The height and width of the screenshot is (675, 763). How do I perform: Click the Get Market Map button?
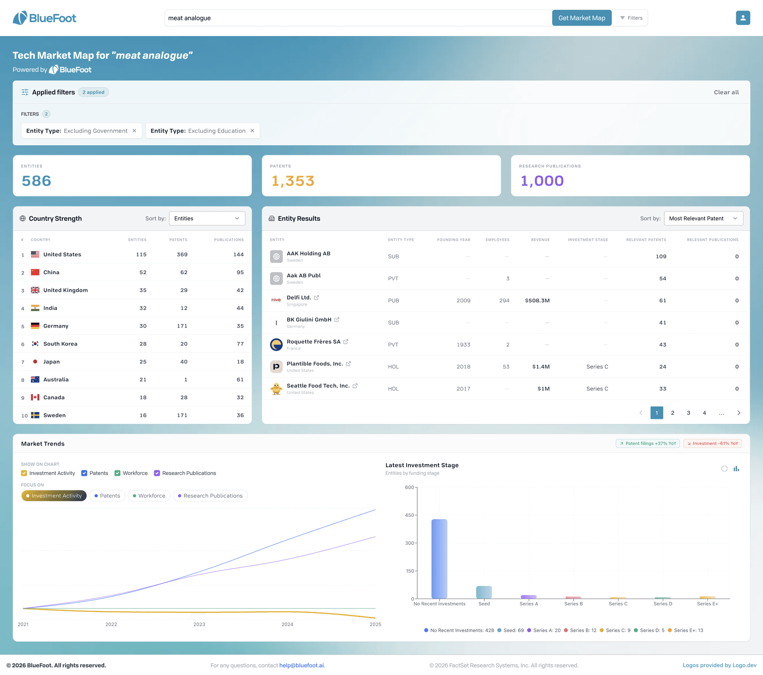click(x=582, y=18)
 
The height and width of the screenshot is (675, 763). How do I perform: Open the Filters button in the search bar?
click(x=631, y=18)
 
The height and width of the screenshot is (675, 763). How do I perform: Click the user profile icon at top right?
click(x=743, y=18)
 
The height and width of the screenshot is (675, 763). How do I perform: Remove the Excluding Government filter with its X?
click(x=134, y=131)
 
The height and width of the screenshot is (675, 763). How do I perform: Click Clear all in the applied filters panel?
click(x=726, y=92)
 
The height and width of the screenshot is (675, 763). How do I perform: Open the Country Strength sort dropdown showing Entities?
click(x=207, y=218)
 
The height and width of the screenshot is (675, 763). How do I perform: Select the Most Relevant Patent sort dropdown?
click(x=703, y=218)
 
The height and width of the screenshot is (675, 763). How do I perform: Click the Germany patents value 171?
click(x=182, y=326)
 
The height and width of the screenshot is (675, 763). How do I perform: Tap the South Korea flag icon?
click(x=35, y=344)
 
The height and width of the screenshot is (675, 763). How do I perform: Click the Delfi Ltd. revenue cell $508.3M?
click(x=537, y=300)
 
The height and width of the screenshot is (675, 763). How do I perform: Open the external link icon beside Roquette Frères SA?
click(x=346, y=341)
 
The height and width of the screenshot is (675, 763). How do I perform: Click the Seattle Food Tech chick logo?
click(x=276, y=388)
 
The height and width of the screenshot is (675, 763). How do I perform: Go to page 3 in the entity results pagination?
click(x=688, y=413)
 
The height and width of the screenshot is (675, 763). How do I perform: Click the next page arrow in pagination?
click(x=738, y=413)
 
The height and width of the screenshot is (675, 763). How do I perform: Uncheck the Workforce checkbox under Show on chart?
click(x=117, y=473)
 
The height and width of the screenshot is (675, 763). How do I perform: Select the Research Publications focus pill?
click(x=210, y=496)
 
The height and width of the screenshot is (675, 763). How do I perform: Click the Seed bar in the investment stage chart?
click(x=484, y=592)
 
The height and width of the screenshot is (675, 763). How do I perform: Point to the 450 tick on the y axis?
click(x=415, y=515)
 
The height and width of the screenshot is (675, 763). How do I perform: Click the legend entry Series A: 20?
click(x=544, y=630)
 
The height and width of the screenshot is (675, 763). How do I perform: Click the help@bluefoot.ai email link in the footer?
click(x=301, y=665)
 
